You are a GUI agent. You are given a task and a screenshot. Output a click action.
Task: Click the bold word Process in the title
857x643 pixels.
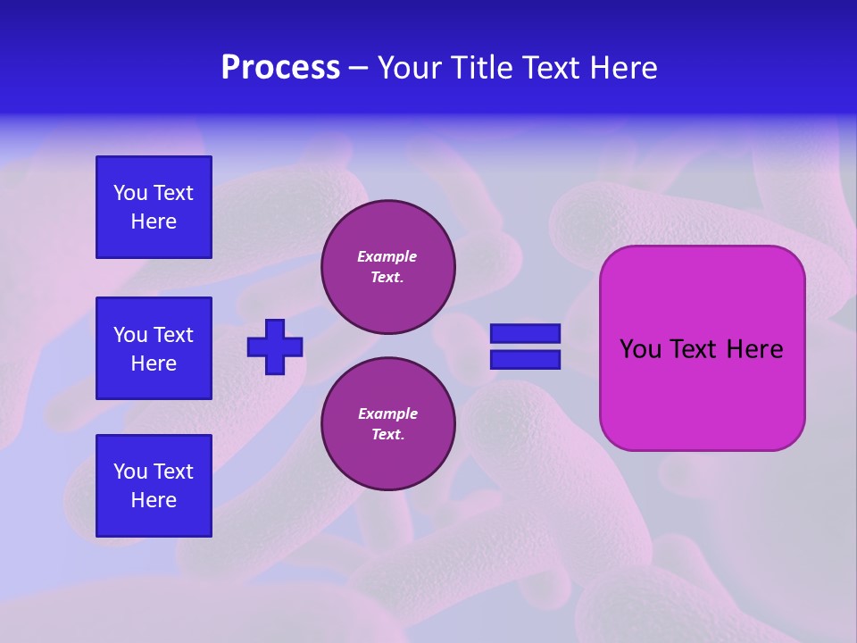click(280, 68)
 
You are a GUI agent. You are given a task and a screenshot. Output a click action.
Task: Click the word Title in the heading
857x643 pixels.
click(483, 68)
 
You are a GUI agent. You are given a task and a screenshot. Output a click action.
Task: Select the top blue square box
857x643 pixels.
click(154, 207)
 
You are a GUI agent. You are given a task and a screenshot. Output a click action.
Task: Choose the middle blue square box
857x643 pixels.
click(154, 348)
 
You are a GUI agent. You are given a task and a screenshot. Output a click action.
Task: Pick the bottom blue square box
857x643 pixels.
click(154, 485)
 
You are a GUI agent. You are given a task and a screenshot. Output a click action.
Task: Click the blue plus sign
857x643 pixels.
click(275, 347)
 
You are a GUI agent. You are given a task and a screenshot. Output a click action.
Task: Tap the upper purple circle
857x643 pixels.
click(387, 267)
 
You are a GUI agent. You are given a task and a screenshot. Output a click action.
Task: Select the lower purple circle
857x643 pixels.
click(387, 424)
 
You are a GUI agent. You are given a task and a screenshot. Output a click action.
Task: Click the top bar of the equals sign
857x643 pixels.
click(525, 333)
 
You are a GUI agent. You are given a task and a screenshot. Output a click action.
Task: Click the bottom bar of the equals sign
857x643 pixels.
click(525, 360)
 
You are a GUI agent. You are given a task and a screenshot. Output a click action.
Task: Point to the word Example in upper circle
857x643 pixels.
click(387, 256)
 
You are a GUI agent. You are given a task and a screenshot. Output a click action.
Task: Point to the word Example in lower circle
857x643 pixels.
click(387, 413)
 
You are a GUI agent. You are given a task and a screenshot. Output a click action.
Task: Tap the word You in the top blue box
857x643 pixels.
click(130, 193)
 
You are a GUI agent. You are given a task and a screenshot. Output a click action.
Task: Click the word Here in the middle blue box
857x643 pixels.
click(154, 363)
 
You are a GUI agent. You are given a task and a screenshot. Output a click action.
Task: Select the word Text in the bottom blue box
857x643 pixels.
click(172, 472)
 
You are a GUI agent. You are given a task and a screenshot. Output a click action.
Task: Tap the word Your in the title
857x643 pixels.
click(410, 68)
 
